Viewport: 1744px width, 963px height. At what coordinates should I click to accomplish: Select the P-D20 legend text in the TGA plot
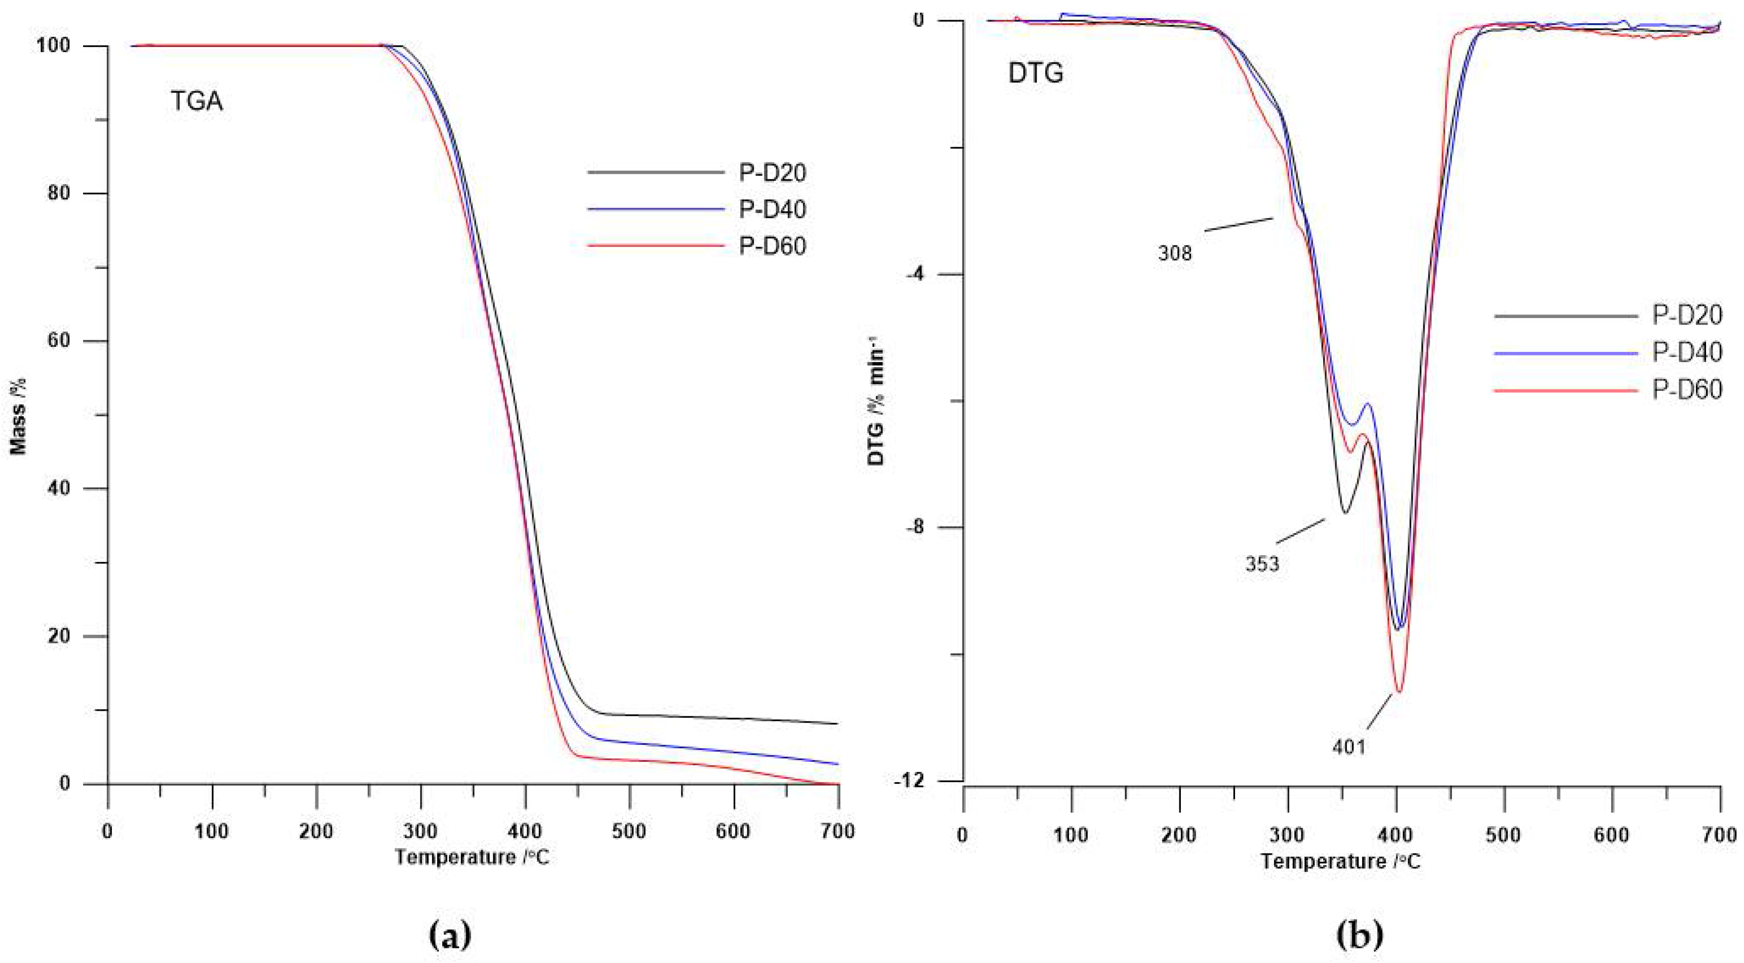[x=772, y=173]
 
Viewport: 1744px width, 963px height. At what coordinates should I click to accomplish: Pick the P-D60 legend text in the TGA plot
[x=772, y=247]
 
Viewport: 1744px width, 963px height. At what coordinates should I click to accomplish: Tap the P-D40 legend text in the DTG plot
[x=1687, y=352]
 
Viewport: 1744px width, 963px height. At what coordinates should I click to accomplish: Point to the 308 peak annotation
[x=1175, y=254]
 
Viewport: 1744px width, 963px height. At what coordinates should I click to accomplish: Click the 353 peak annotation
[x=1262, y=564]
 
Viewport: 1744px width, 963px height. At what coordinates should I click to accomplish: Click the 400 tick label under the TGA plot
[x=525, y=832]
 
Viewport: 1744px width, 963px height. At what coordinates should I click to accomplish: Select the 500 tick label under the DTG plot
[x=1503, y=835]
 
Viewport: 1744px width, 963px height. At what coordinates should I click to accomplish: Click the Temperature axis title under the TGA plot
[x=472, y=857]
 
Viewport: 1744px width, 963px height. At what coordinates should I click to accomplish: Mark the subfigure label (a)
[x=450, y=937]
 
